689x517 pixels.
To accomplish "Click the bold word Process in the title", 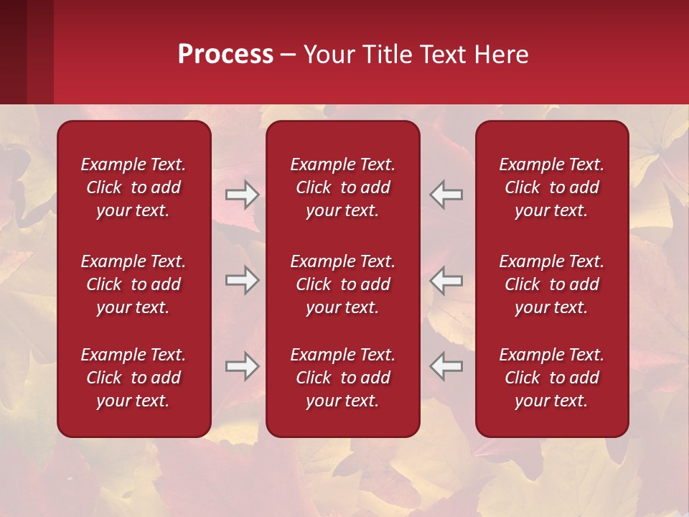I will coord(225,55).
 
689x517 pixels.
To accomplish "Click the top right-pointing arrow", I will coord(243,195).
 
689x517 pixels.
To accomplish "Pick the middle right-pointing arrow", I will coord(243,280).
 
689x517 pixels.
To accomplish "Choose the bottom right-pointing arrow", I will coord(243,366).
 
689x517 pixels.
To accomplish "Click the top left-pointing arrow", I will coord(446,195).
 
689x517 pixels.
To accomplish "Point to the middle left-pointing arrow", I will coord(446,280).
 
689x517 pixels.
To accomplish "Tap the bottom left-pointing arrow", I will coord(446,366).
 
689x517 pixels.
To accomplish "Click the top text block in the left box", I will coord(133,187).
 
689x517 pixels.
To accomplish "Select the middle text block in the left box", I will coord(133,284).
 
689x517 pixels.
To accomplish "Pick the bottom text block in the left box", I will coord(133,378).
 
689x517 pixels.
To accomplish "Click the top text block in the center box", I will coord(343,187).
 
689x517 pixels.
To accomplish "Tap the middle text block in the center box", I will coord(343,284).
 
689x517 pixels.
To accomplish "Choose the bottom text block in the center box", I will coord(343,378).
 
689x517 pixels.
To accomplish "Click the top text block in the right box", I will coord(552,187).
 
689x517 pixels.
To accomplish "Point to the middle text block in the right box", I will coord(552,284).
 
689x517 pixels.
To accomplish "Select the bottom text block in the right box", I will coord(552,378).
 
